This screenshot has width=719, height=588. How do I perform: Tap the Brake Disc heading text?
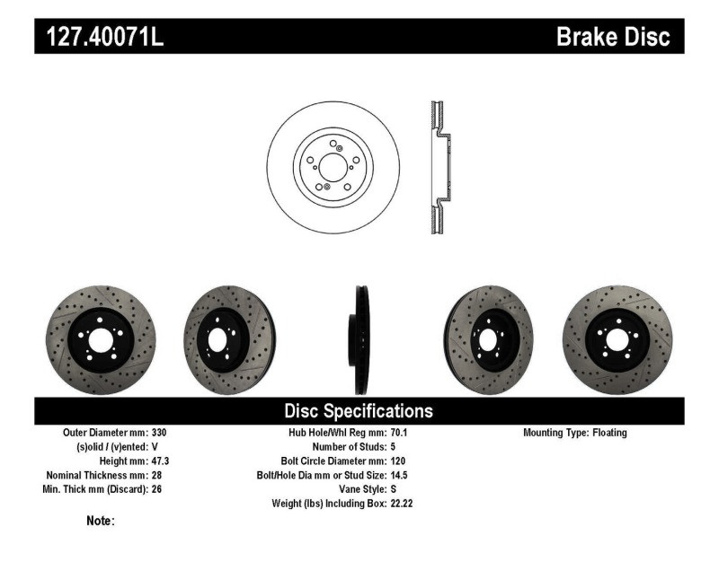(x=613, y=37)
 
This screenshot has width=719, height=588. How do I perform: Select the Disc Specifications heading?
(x=359, y=411)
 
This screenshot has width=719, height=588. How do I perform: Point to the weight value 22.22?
(x=402, y=504)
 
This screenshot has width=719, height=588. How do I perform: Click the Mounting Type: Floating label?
(x=574, y=433)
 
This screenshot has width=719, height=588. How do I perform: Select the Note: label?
(x=100, y=521)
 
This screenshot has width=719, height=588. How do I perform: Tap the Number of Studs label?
(x=349, y=446)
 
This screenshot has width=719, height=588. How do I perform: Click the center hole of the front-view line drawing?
(x=331, y=166)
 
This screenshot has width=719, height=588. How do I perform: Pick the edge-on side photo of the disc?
(x=359, y=339)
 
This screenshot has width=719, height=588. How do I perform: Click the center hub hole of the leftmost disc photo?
(x=100, y=339)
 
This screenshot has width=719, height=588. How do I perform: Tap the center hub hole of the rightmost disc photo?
(x=617, y=339)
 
